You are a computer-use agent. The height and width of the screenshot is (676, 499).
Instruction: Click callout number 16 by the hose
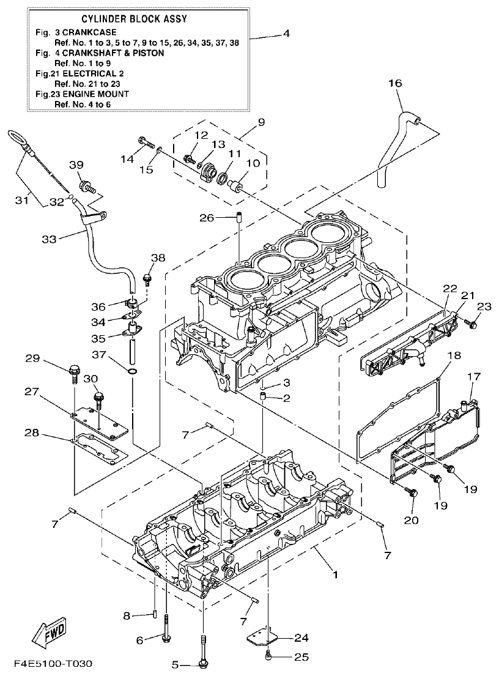[394, 83]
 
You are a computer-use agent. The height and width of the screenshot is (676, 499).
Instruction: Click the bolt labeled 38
[147, 280]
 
